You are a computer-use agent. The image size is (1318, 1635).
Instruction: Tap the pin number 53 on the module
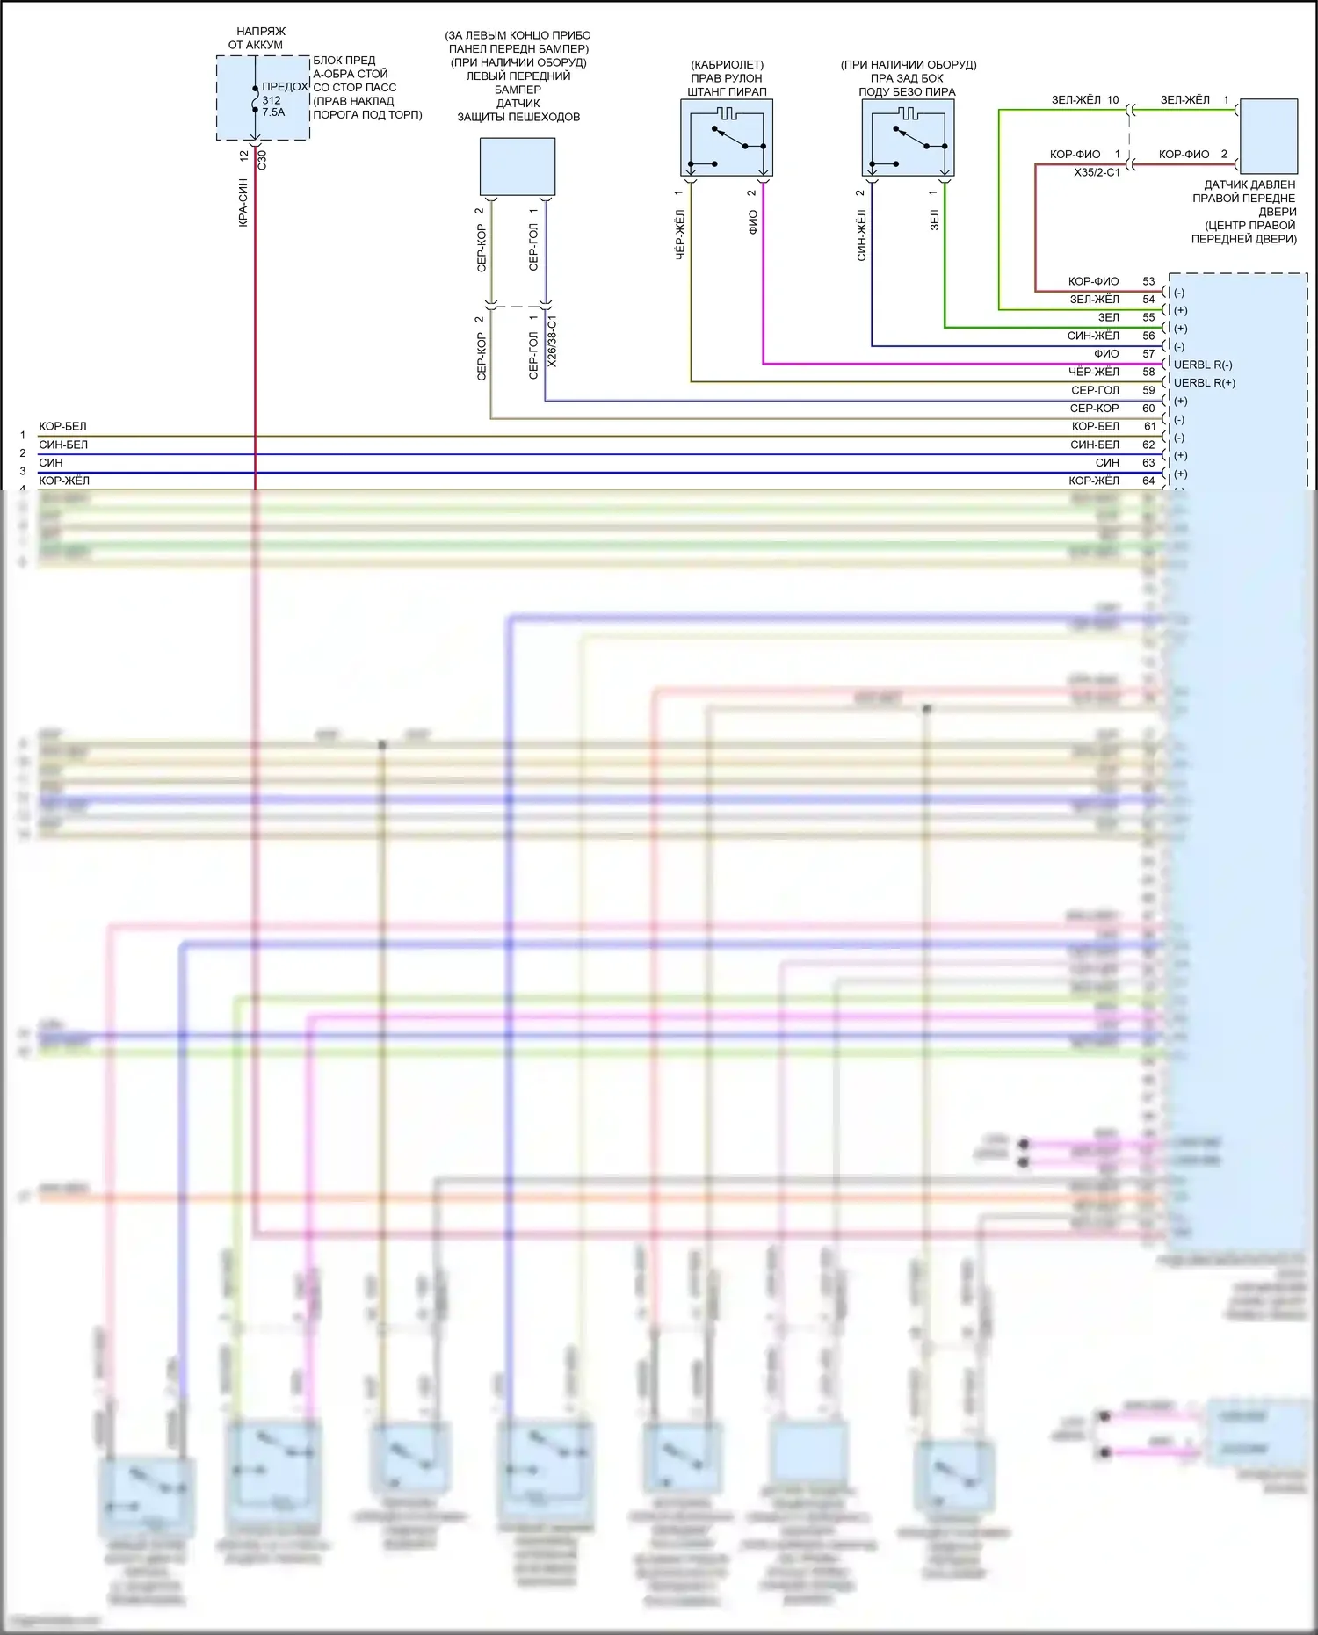(1148, 281)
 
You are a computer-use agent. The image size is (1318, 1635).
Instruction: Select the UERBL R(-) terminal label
(1203, 365)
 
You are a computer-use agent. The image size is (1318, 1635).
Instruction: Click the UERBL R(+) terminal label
(1204, 383)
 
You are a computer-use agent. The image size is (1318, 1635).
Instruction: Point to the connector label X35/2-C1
(1097, 172)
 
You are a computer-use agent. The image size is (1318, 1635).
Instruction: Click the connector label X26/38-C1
(552, 341)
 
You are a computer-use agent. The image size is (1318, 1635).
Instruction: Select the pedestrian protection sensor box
(517, 167)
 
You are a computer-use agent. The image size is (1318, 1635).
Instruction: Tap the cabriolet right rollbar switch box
(727, 138)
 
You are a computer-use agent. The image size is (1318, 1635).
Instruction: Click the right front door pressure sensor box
(1268, 136)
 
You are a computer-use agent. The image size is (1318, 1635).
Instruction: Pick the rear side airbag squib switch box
(908, 138)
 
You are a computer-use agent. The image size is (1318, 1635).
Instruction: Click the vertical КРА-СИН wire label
(243, 203)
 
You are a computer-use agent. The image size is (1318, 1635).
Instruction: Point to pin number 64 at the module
(1148, 481)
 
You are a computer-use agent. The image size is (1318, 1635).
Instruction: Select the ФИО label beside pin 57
(1106, 354)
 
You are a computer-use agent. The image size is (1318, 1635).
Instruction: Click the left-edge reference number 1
(23, 435)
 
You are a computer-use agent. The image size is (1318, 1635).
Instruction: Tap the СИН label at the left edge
(51, 462)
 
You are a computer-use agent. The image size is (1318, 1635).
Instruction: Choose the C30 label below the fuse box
(262, 160)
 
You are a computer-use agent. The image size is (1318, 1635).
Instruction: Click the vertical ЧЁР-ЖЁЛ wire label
(679, 235)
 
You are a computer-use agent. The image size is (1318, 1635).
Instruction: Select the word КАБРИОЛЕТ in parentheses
(727, 64)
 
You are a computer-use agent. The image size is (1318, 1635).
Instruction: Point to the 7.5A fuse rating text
(273, 112)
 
